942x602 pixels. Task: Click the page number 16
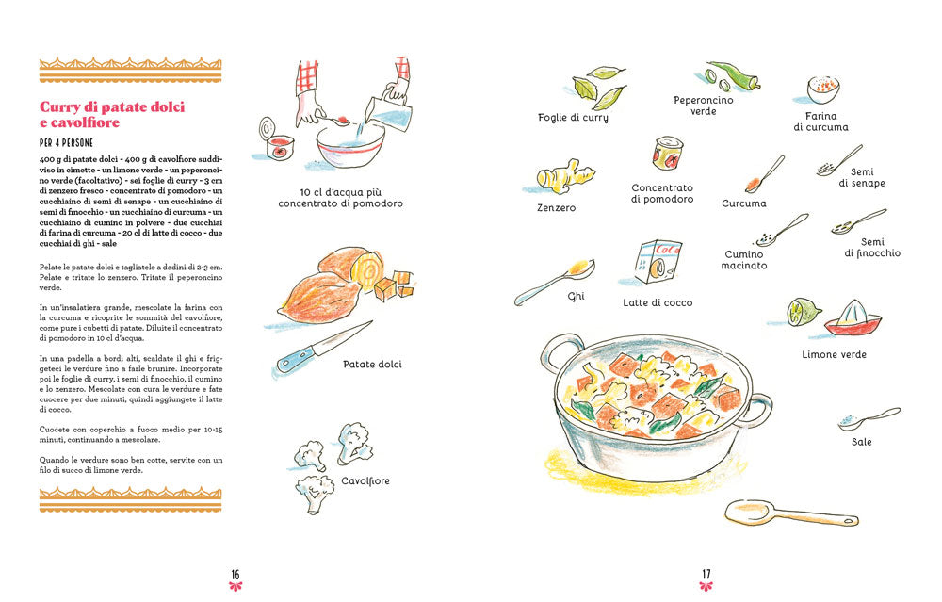pos(235,574)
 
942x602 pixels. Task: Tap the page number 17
pos(706,574)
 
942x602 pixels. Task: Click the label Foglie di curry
pos(573,118)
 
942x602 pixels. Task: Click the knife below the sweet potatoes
pos(321,347)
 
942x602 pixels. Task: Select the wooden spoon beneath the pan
pos(791,514)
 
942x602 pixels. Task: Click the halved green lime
pos(803,311)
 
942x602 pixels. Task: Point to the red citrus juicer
pos(853,319)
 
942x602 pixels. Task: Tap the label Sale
pos(862,442)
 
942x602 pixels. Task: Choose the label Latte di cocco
pos(658,302)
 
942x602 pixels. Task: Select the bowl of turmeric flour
pos(823,88)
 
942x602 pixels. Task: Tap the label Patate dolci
pos(372,364)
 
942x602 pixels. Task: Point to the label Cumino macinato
pos(745,260)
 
